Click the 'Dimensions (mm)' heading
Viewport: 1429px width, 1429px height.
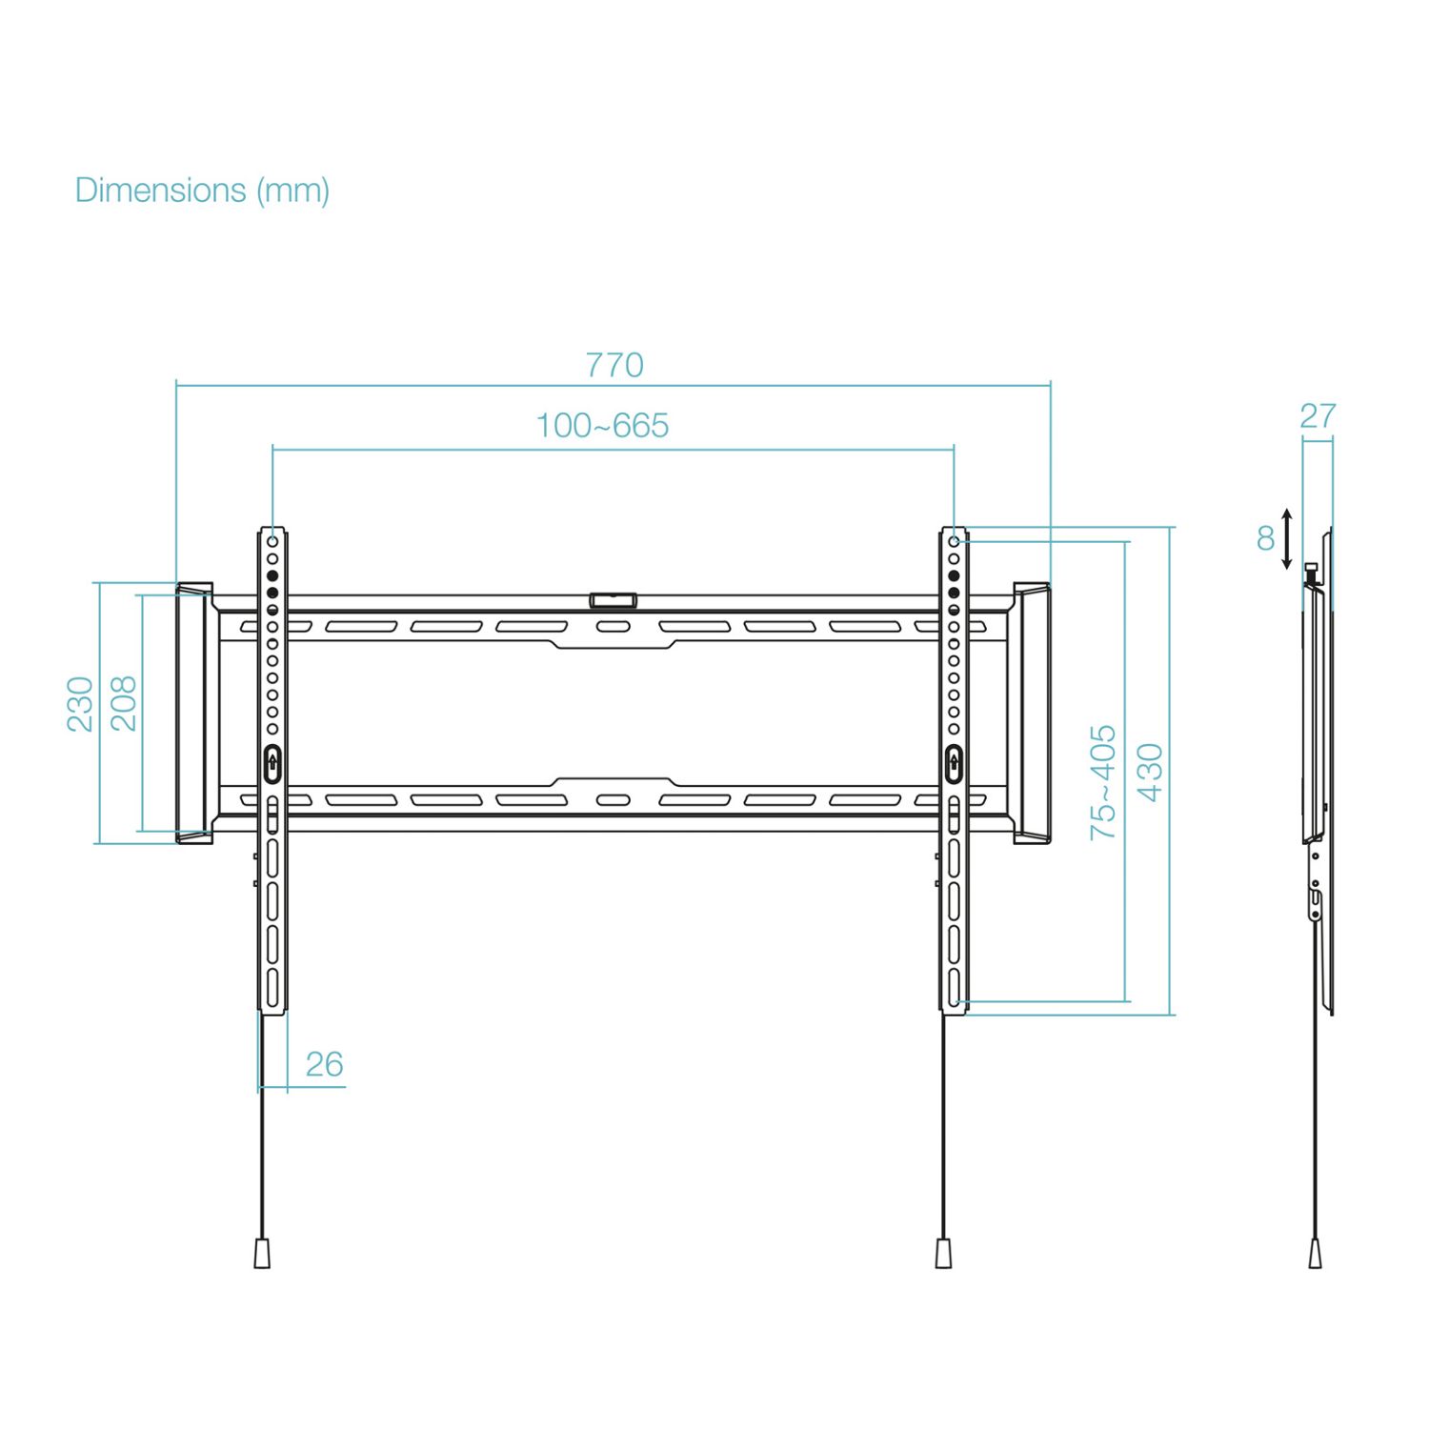point(202,191)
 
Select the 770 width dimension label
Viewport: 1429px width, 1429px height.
point(614,365)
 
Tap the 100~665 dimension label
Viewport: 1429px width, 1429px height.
point(602,426)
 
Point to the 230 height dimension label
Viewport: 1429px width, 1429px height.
point(80,704)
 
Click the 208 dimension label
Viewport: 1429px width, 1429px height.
point(124,704)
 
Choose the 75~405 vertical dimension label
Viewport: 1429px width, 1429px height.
point(1102,782)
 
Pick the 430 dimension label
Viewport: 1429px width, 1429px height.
point(1150,773)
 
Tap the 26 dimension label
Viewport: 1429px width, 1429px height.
point(324,1064)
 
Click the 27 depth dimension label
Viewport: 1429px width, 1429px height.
point(1318,416)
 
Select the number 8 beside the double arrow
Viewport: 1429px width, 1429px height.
point(1265,539)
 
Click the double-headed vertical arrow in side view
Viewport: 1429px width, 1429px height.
point(1287,539)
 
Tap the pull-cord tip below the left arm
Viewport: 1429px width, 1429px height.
point(263,1253)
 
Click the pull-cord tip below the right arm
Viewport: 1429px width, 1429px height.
point(943,1253)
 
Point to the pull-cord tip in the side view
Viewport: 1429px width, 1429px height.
point(1315,1253)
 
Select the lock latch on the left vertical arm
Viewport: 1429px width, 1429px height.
point(272,763)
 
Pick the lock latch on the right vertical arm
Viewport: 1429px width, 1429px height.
point(954,763)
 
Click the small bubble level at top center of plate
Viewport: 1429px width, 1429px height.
point(613,600)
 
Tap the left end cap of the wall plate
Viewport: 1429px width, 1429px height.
point(193,713)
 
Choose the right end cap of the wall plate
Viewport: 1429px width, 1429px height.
point(1032,713)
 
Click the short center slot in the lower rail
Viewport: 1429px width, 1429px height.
point(613,800)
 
